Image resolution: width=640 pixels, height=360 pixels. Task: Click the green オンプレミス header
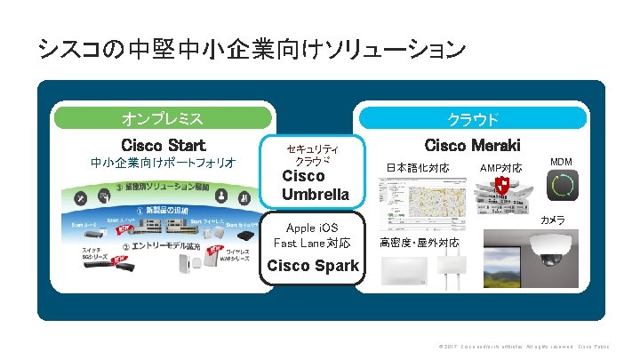[x=163, y=118]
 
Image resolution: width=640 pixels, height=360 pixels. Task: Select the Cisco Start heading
[x=163, y=145]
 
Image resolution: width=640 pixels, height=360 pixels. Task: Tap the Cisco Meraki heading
[x=472, y=145]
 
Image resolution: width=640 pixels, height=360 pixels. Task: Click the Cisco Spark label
[x=313, y=265]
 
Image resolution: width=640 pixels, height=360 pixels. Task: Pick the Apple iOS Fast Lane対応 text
[x=312, y=236]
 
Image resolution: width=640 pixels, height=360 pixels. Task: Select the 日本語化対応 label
[x=417, y=168]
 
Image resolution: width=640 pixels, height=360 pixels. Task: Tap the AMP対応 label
[x=500, y=168]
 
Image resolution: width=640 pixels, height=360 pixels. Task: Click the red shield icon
[x=502, y=187]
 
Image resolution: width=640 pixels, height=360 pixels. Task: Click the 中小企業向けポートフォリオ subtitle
[x=163, y=163]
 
